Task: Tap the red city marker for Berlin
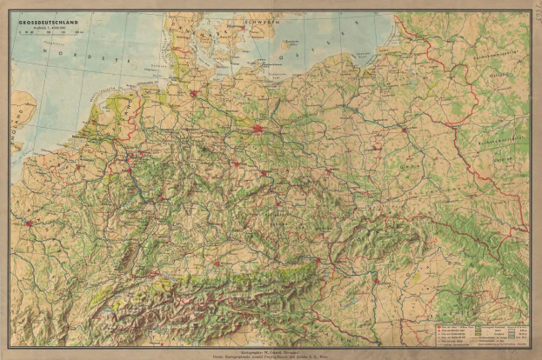pyautogui.click(x=258, y=130)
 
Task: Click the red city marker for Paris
pyautogui.click(x=30, y=223)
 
